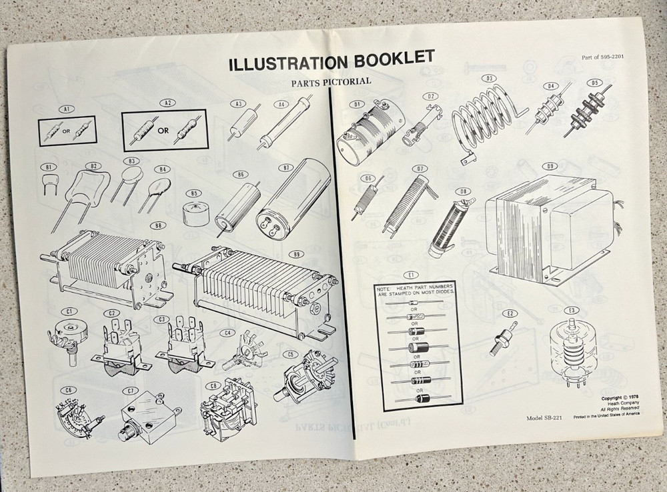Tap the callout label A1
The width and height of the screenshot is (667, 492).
coord(65,108)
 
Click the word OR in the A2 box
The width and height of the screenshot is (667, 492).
coord(162,131)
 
